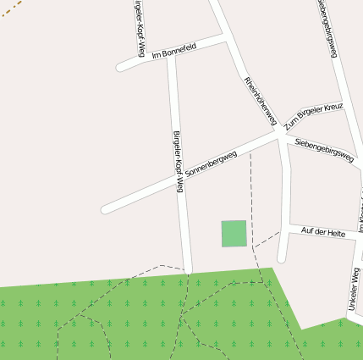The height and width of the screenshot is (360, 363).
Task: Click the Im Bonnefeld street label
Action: tap(174, 51)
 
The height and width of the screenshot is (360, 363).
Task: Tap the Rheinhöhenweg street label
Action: tap(261, 100)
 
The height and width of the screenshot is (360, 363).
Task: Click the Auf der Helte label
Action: tap(323, 232)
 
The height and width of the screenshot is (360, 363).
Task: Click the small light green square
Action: tap(234, 233)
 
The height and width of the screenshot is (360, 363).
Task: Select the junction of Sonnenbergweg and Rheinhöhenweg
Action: tap(278, 133)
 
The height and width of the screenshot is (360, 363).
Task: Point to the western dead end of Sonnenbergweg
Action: tap(105, 208)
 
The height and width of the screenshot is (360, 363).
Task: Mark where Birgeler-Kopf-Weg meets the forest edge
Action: tap(187, 271)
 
